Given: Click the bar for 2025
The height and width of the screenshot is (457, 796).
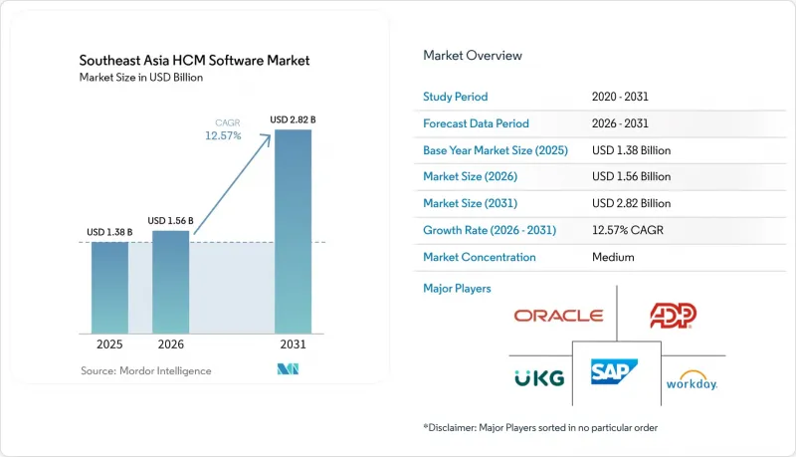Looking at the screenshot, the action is coord(109,288).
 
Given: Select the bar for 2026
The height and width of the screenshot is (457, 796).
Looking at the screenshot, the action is coord(170,283).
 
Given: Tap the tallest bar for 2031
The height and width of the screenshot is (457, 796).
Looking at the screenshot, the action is coord(293,232).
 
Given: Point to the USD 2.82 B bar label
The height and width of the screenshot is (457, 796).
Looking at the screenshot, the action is coord(293,119).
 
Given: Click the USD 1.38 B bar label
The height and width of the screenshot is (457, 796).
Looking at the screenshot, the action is coord(109,232).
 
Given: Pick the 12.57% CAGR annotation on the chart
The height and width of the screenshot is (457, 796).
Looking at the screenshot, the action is coord(223,130).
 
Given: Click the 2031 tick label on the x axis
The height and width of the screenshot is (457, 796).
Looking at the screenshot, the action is coord(293,344).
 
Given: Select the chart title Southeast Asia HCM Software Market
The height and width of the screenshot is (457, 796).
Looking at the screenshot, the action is coord(194,61).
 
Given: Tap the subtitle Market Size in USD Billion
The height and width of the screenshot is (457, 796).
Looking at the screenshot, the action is coord(141,78).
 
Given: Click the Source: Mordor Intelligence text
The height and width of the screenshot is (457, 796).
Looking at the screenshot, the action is coord(145,371).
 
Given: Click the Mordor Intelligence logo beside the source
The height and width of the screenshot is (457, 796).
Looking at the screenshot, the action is coord(288,369).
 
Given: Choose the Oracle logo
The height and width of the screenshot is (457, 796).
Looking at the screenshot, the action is coord(558,316).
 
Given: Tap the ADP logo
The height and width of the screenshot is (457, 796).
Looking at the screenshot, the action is coord(674,316).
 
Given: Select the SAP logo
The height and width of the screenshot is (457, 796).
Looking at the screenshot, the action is coord(614,371).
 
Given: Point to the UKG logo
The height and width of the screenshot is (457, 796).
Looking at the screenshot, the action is coord(539,378).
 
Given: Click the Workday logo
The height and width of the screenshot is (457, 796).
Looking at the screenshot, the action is coord(692,380).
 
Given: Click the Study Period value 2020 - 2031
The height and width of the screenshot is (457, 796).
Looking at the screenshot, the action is coord(620,97).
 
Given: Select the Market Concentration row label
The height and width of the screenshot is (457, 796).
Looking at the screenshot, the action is coord(480,257).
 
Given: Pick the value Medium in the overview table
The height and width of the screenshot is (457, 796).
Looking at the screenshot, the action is coord(613,257).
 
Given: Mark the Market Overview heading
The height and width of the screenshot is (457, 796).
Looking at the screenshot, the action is coord(473,56).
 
